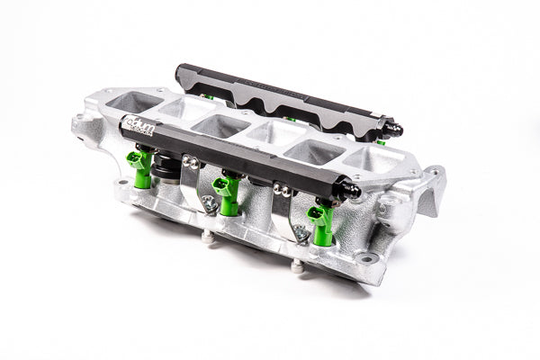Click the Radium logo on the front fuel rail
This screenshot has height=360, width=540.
142,131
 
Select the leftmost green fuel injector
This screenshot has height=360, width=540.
139,166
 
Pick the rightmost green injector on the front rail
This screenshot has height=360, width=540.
319,222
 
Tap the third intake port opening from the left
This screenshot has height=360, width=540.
215,124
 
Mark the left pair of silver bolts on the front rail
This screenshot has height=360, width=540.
191,162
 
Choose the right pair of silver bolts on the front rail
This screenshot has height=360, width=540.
283,190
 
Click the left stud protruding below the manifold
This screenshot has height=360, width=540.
207,238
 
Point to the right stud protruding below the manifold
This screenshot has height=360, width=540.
296,265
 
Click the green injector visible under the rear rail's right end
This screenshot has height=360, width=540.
382,140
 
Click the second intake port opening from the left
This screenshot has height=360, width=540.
175,110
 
